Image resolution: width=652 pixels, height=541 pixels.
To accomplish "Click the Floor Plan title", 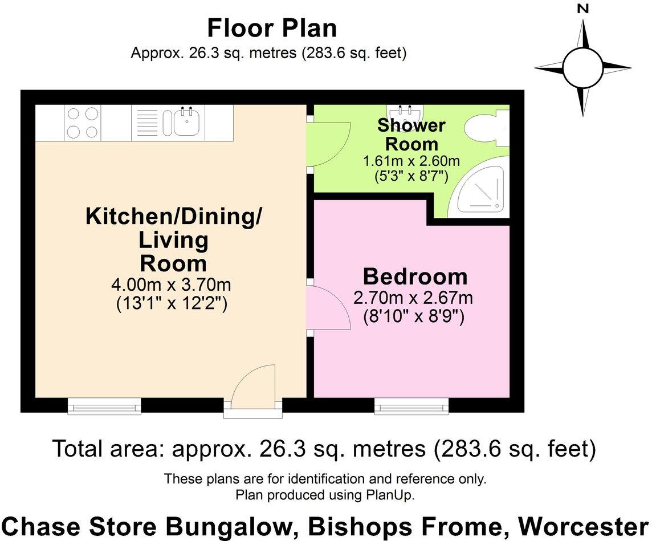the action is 272,29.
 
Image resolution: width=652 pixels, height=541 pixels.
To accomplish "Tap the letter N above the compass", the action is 584,9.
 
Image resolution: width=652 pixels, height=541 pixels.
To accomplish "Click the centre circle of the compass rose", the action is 583,67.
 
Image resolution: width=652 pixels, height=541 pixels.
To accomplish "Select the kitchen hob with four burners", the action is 82,123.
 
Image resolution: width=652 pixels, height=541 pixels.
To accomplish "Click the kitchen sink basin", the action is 187,122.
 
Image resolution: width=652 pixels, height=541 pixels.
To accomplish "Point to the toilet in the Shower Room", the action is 488,128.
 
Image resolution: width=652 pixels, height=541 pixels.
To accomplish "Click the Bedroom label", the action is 415,276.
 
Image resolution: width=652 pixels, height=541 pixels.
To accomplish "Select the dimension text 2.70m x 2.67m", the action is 413,298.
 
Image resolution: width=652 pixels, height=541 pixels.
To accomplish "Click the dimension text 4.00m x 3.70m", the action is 172,285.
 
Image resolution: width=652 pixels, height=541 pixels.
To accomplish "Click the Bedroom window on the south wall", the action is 411,406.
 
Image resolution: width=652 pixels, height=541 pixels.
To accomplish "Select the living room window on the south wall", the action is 104,406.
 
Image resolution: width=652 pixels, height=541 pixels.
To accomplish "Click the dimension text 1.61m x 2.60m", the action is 411,161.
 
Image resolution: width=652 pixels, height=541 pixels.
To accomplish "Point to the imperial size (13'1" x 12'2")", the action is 172,303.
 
